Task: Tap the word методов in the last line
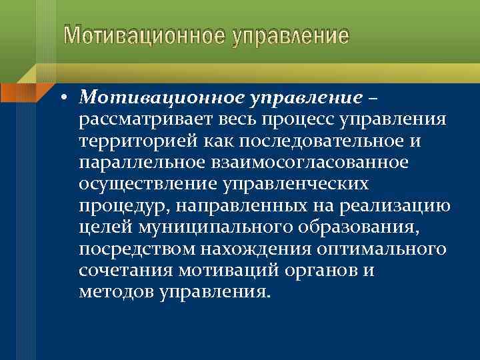point(117,293)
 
